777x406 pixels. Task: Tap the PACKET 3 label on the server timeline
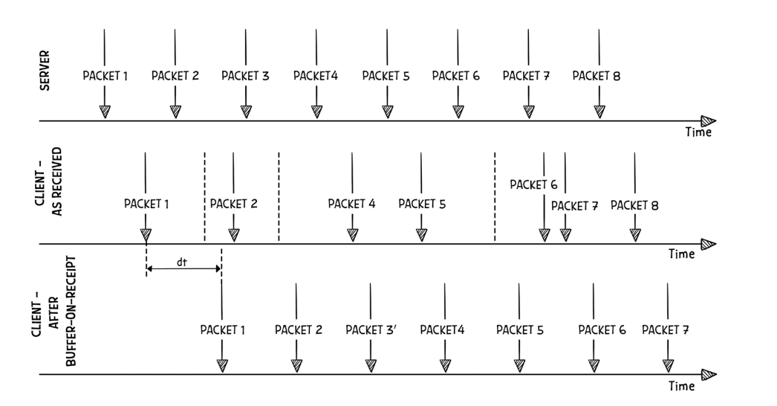245,76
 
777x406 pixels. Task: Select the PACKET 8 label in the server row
596,76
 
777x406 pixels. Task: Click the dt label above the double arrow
181,262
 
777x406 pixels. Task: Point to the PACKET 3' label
371,330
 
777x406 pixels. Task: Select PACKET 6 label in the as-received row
533,184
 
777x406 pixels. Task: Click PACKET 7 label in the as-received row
574,205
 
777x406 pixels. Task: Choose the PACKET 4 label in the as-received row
351,203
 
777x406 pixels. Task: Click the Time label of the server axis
698,133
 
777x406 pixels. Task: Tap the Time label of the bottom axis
682,387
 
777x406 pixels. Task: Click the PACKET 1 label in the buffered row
223,330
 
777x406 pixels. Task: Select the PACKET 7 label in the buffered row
666,330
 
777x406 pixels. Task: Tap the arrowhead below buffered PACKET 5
520,365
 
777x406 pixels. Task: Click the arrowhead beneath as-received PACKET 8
634,235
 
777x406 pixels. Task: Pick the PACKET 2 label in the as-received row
233,203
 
